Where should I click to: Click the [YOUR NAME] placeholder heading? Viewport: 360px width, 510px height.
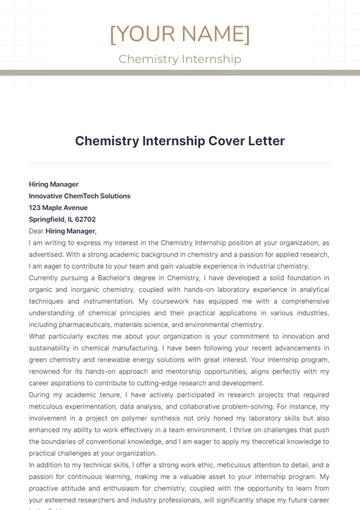(x=180, y=34)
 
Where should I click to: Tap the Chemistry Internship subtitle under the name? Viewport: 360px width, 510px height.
(x=180, y=59)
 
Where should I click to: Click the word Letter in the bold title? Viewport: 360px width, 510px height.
(x=262, y=141)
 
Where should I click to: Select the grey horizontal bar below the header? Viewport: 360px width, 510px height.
(x=180, y=73)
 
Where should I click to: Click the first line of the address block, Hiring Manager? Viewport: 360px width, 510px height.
(x=54, y=184)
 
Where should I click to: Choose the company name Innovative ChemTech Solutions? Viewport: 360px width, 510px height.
(x=80, y=196)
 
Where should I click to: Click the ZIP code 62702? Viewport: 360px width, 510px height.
(x=85, y=219)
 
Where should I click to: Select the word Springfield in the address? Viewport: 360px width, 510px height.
(x=47, y=219)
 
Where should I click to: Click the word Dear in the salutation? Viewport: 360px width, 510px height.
(x=36, y=231)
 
